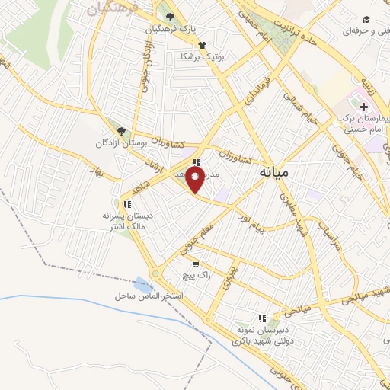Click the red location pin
pyautogui.click(x=195, y=181)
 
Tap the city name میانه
pyautogui.click(x=273, y=172)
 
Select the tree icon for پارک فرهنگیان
pyautogui.click(x=169, y=17)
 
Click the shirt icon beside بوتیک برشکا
pyautogui.click(x=202, y=45)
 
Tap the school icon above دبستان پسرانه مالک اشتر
pyautogui.click(x=127, y=204)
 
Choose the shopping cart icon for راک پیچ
pyautogui.click(x=196, y=264)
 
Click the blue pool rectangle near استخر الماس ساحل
pyautogui.click(x=142, y=284)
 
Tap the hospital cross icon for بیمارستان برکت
pyautogui.click(x=363, y=107)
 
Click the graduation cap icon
pyautogui.click(x=366, y=19)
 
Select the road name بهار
pyautogui.click(x=95, y=170)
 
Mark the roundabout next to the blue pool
pyautogui.click(x=155, y=273)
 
